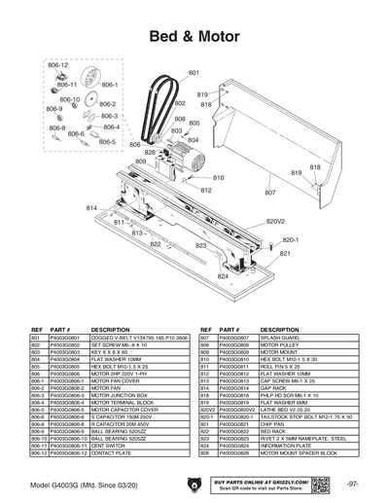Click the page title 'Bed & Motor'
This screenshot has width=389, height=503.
[x=194, y=38]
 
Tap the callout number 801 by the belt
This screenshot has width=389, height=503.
[x=194, y=74]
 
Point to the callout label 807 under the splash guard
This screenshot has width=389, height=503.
[x=270, y=194]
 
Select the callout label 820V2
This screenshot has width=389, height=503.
[x=275, y=222]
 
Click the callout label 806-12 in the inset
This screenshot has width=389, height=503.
[x=57, y=65]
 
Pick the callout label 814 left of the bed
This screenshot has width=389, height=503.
[x=92, y=208]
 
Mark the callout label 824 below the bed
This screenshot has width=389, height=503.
[x=223, y=276]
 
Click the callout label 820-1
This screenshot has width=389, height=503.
[x=289, y=239]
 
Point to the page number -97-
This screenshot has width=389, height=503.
[x=352, y=484]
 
